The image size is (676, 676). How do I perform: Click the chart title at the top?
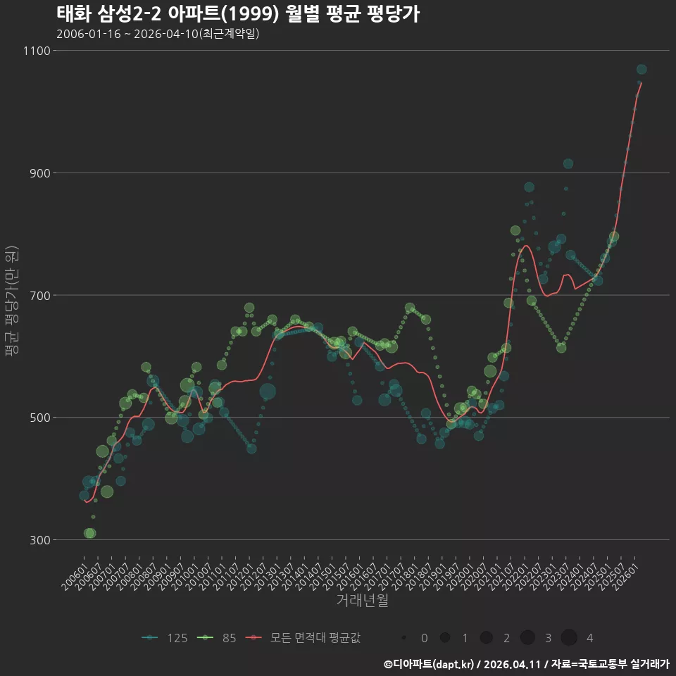click(238, 14)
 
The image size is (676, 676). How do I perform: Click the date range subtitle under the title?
click(158, 34)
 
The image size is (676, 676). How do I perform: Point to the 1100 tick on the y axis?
click(37, 51)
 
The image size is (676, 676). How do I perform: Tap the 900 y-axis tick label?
click(40, 173)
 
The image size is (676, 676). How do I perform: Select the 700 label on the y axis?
click(40, 296)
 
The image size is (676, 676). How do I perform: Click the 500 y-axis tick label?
click(40, 418)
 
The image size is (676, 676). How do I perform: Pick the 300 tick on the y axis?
click(40, 540)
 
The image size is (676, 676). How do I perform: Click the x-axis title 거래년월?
click(362, 600)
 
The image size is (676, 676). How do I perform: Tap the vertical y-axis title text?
click(12, 301)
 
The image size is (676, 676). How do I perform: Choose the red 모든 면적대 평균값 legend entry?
click(303, 638)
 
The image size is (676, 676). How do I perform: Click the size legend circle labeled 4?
click(569, 638)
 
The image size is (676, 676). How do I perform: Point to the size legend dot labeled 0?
click(403, 638)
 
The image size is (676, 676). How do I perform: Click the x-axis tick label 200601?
click(75, 577)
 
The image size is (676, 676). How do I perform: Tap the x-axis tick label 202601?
click(626, 577)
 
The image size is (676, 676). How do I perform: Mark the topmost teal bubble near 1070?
click(641, 70)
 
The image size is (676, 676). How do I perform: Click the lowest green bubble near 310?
click(89, 533)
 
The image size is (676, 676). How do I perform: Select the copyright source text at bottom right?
click(527, 664)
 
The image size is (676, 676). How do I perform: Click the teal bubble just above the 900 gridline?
click(568, 164)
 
